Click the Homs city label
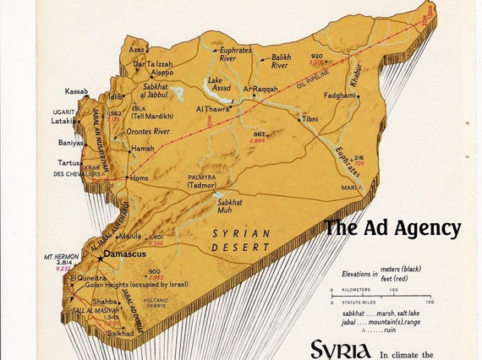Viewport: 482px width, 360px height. point(140,177)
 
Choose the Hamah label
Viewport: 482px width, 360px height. point(143,148)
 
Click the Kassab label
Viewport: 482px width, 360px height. point(77,91)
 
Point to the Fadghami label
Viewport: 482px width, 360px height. point(339,95)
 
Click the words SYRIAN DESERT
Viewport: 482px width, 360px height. point(241,240)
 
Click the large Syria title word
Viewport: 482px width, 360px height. point(340,349)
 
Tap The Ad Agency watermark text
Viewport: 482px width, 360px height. point(392,228)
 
